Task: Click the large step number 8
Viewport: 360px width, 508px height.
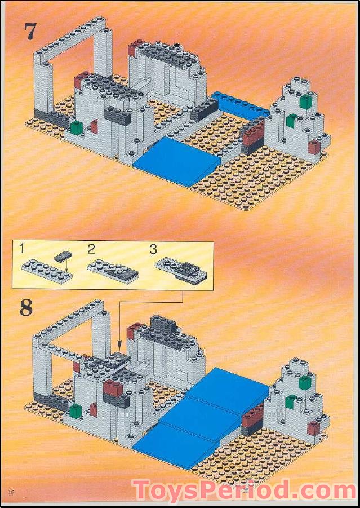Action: [x=26, y=308]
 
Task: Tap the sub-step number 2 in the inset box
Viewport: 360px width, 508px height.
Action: [x=91, y=248]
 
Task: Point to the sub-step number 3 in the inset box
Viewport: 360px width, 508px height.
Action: [x=152, y=249]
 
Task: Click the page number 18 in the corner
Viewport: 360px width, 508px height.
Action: [x=11, y=492]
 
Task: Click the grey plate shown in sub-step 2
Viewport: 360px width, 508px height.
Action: [x=113, y=271]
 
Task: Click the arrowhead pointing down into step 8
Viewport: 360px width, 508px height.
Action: [x=119, y=343]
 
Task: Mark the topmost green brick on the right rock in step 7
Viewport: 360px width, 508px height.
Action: [x=305, y=101]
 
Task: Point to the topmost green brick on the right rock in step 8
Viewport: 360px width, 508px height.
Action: [x=304, y=382]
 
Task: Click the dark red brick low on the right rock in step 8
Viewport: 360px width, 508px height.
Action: [x=314, y=429]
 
